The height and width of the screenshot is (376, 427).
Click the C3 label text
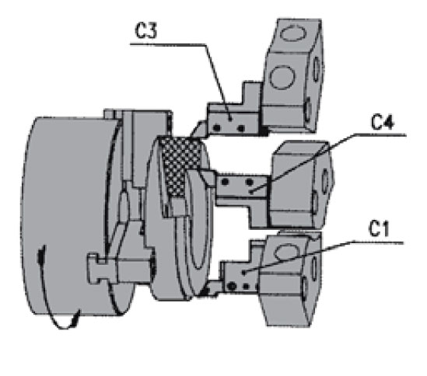coord(146,30)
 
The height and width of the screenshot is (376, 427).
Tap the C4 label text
coord(383,122)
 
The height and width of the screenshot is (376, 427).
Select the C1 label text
coord(379,228)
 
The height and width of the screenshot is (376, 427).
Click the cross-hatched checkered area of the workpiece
coord(180,166)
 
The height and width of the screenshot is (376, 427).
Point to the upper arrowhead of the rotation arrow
coord(41,253)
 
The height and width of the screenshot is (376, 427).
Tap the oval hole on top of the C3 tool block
coord(293,33)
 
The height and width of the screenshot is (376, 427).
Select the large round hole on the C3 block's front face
coord(282,77)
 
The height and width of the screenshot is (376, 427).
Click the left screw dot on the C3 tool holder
coord(216,127)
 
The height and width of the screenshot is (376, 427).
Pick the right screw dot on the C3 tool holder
coord(241,128)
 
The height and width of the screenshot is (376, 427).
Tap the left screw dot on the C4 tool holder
coord(225,182)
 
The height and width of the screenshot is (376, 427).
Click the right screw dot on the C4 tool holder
coord(249,182)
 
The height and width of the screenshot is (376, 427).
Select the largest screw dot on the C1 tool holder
coord(232,286)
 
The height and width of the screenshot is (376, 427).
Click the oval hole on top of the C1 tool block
coord(286,252)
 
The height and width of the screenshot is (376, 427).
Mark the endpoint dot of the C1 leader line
coord(243,272)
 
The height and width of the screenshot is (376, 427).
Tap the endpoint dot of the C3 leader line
coord(230,119)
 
